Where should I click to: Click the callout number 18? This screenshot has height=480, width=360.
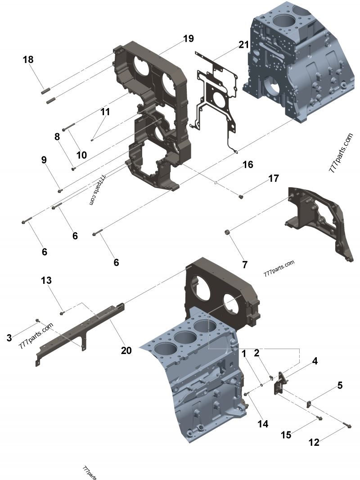tap(28, 59)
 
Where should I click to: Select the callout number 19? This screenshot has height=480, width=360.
tap(188, 39)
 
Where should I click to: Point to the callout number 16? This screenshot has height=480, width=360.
tap(248, 164)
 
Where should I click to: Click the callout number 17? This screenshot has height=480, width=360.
tap(274, 179)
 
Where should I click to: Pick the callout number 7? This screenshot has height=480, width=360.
tap(245, 265)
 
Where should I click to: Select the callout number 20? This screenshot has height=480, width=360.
tap(126, 350)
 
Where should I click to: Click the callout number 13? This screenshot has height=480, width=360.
tap(46, 280)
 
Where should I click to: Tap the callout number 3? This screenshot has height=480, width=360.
tap(9, 337)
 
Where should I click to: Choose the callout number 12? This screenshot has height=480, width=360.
tap(314, 443)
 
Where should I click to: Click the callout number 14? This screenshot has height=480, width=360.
tap(263, 423)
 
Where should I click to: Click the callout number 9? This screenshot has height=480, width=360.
tap(44, 160)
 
